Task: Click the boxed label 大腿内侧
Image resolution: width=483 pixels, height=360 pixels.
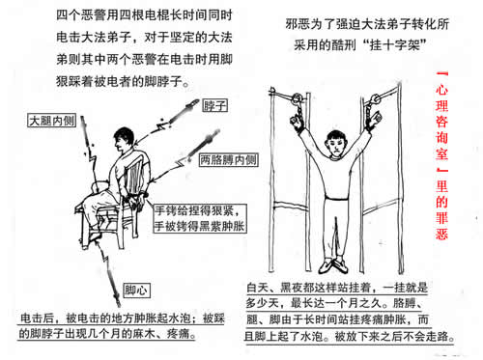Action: (52, 121)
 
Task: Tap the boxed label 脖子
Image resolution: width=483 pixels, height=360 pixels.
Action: (215, 105)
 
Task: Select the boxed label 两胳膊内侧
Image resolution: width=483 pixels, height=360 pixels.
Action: (228, 160)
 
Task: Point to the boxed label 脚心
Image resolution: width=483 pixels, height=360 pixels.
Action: (136, 291)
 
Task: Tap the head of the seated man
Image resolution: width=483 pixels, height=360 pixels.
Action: (124, 139)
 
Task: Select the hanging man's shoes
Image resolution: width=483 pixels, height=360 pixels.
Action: (333, 266)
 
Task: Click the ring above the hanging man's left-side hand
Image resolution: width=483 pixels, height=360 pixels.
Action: (296, 98)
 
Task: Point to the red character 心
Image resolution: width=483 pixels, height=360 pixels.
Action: (441, 90)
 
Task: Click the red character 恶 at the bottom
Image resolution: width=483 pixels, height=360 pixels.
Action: (441, 234)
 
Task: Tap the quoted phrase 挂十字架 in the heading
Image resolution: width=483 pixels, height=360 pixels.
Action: (394, 44)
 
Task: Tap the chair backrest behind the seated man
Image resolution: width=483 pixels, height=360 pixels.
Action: (133, 177)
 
